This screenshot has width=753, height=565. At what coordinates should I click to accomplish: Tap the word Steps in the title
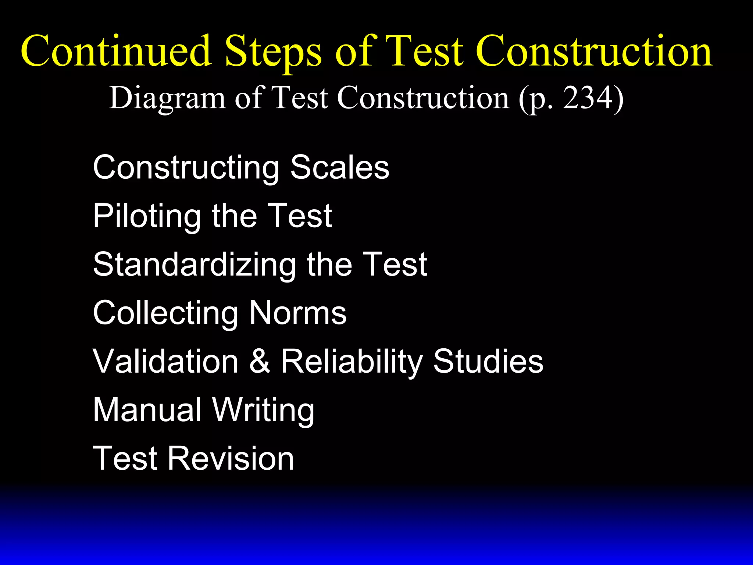273,51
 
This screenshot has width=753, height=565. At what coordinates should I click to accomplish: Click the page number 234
586,98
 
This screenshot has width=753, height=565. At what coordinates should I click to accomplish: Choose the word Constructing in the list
186,168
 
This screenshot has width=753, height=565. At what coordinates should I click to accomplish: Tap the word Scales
340,167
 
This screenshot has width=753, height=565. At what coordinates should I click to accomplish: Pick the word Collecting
165,313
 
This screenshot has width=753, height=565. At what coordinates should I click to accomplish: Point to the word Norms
298,313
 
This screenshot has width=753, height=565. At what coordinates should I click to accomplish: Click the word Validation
165,361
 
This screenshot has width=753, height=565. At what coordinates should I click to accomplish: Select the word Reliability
351,362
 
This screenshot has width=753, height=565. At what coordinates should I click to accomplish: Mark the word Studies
488,361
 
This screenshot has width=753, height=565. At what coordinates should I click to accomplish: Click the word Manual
147,410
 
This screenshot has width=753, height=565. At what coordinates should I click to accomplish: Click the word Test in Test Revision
125,458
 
